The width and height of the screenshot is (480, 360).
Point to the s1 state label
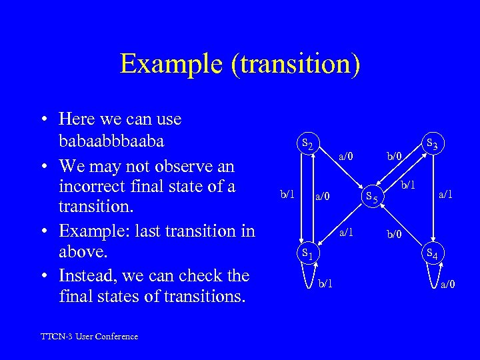[x=307, y=253]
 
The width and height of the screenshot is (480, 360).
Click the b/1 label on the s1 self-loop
[x=325, y=285]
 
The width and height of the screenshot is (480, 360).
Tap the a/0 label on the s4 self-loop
[x=449, y=285]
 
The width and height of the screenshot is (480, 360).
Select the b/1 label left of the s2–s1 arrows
[x=287, y=195]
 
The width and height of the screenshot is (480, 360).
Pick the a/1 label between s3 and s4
[x=445, y=195]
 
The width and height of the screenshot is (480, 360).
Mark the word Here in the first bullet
[x=75, y=119]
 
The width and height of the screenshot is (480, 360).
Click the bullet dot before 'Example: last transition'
[x=42, y=231]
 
